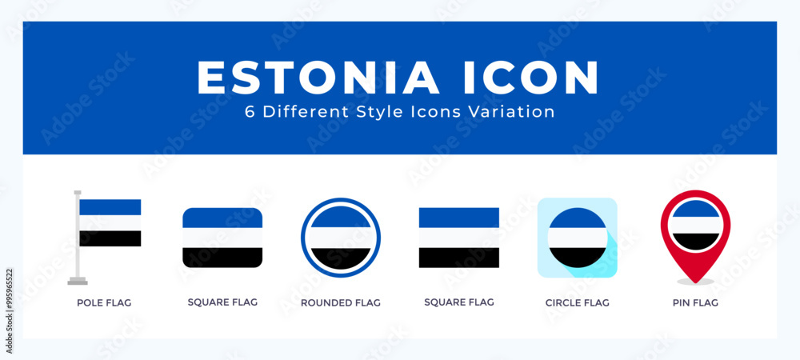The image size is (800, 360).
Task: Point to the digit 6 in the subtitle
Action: (250, 112)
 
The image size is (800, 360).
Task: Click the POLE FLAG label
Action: (104, 303)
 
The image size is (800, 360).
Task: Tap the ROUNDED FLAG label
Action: (341, 303)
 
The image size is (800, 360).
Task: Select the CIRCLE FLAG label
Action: (577, 303)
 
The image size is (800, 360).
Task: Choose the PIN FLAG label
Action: (695, 303)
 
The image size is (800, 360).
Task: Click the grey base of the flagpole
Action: (78, 281)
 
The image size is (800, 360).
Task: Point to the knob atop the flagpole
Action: (78, 193)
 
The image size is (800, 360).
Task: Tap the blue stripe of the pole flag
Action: (110, 207)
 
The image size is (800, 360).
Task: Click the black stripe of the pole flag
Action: (110, 238)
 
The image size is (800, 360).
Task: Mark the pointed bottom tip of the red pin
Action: (695, 282)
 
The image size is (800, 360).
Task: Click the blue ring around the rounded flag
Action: (341, 200)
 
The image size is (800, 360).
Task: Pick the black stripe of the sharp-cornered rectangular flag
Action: (459, 258)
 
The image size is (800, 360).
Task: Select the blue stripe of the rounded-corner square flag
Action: (222, 218)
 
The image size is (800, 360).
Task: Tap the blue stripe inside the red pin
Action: (695, 210)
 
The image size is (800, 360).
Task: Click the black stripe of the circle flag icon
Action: (578, 257)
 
